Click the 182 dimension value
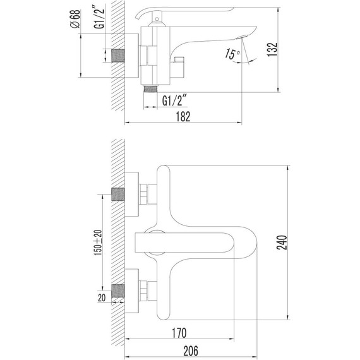click(x=183, y=116)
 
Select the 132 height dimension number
click(x=272, y=49)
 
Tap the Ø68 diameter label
click(x=75, y=19)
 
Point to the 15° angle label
click(x=232, y=54)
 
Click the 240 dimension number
click(x=282, y=243)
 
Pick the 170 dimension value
click(x=179, y=333)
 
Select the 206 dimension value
click(x=191, y=351)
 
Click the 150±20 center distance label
click(x=98, y=243)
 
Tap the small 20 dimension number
click(x=102, y=297)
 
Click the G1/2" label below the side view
click(x=174, y=100)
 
